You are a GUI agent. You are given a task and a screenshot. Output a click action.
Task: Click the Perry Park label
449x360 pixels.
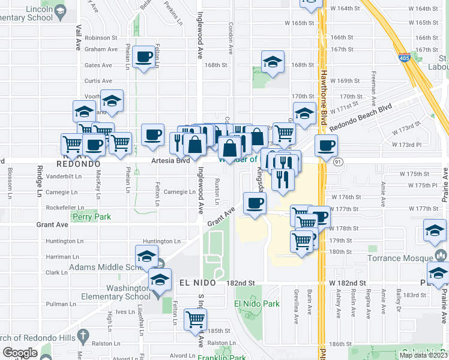91,216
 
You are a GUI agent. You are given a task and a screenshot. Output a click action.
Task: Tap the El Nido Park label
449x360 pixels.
257,304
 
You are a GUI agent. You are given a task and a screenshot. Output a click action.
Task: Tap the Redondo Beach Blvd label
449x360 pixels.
360,118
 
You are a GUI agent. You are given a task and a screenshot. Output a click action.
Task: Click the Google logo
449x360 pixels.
20,353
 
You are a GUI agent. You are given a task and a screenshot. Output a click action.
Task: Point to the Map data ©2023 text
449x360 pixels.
423,355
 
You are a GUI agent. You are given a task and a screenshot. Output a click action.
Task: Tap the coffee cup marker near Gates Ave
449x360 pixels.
143,58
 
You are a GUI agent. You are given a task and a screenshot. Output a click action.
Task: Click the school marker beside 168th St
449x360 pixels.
273,62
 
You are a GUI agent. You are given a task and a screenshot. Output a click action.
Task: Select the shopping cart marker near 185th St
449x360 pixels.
196,320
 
